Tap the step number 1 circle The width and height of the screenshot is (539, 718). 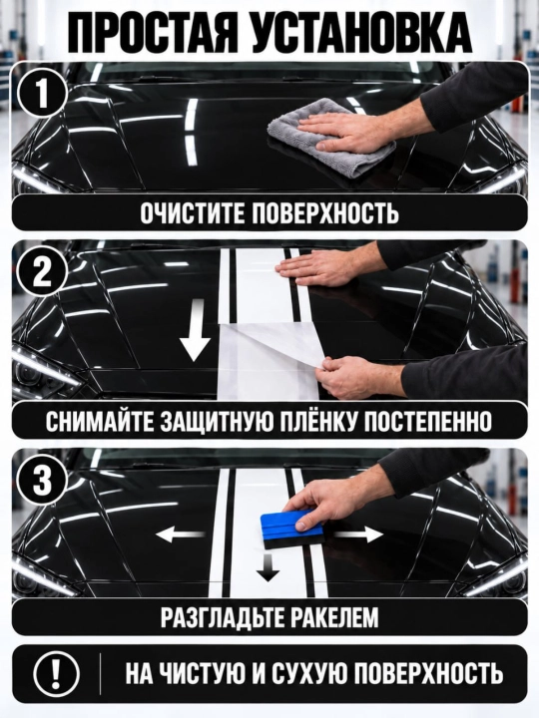(x=42, y=93)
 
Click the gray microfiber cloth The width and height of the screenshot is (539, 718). (x=331, y=139)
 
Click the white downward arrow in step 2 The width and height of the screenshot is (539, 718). (x=196, y=330)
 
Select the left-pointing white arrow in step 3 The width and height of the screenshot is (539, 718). (x=180, y=534)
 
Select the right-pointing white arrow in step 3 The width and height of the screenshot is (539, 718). (x=358, y=534)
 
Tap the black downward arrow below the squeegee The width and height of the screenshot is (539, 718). (x=268, y=567)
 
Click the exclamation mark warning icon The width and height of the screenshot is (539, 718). (x=57, y=674)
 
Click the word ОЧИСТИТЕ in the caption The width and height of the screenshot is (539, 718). (x=193, y=213)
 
